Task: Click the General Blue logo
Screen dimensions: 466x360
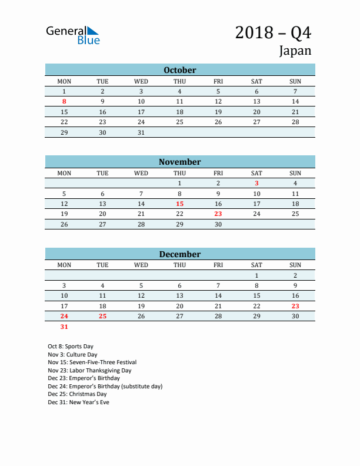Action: pyautogui.click(x=73, y=35)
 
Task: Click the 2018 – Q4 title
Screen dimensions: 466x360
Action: pyautogui.click(x=273, y=32)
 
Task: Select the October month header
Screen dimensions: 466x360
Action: pyautogui.click(x=180, y=70)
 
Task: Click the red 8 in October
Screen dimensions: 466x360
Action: pyautogui.click(x=64, y=102)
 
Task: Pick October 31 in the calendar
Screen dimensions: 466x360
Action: pyautogui.click(x=141, y=132)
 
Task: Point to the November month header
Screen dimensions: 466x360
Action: pyautogui.click(x=180, y=162)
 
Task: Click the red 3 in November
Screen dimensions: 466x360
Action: pyautogui.click(x=256, y=183)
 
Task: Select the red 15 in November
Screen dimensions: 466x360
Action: pyautogui.click(x=179, y=204)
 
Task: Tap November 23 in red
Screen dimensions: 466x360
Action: pyautogui.click(x=218, y=214)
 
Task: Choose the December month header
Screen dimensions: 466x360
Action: pyautogui.click(x=180, y=254)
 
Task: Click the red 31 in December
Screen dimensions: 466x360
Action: pyautogui.click(x=64, y=327)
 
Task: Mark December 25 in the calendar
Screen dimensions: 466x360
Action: pyautogui.click(x=102, y=316)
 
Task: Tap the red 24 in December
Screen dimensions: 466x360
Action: pyautogui.click(x=64, y=316)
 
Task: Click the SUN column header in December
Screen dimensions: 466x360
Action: pyautogui.click(x=295, y=265)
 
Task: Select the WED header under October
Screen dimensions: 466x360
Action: pyautogui.click(x=141, y=81)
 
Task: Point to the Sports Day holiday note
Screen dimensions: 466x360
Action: pyautogui.click(x=71, y=347)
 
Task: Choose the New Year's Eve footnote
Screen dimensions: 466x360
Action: pyautogui.click(x=78, y=402)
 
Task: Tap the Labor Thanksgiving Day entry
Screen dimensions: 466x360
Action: pyautogui.click(x=89, y=371)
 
